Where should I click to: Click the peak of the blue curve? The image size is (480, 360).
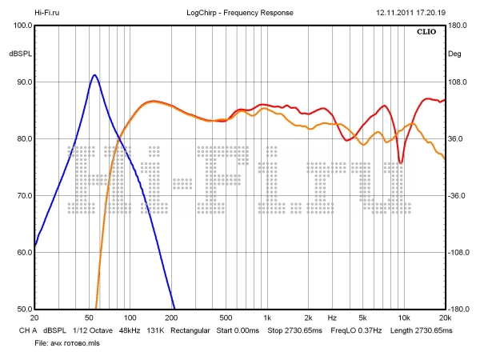pyautogui.click(x=94, y=75)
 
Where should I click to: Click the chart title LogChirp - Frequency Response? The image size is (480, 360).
pyautogui.click(x=240, y=14)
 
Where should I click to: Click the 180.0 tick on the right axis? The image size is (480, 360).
pyautogui.click(x=458, y=26)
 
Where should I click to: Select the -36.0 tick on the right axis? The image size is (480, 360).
pyautogui.click(x=458, y=196)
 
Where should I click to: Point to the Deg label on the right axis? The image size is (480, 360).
pyautogui.click(x=454, y=54)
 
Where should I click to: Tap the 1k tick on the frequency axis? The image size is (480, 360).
pyautogui.click(x=266, y=317)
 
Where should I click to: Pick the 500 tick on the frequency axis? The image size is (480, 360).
pyautogui.click(x=226, y=317)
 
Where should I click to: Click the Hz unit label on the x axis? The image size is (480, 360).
pyautogui.click(x=331, y=317)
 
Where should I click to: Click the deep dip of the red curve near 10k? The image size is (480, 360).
pyautogui.click(x=401, y=162)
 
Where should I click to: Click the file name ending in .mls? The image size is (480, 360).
pyautogui.click(x=69, y=342)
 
